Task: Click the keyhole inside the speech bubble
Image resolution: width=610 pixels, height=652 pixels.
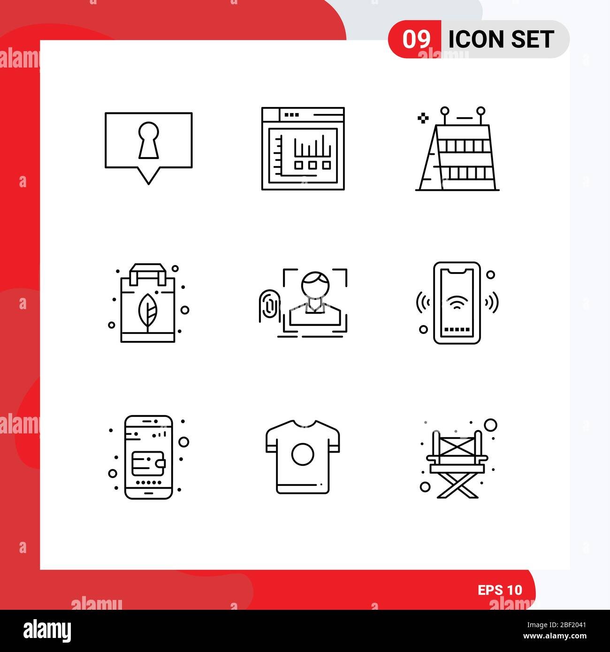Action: (148, 140)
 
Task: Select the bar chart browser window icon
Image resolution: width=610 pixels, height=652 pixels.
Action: (303, 148)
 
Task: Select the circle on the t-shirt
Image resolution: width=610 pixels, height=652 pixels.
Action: (303, 454)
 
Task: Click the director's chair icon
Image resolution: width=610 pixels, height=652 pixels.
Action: (457, 458)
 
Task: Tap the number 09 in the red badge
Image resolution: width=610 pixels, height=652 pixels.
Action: (416, 39)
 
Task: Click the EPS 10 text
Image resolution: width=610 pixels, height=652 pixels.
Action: (500, 590)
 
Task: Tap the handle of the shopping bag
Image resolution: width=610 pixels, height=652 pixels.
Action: (147, 272)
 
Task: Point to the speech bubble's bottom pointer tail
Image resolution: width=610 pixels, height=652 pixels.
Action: (148, 175)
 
